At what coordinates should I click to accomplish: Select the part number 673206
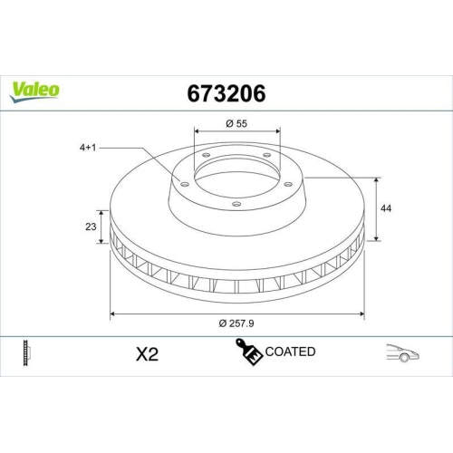tap(226, 93)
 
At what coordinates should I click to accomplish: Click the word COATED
tap(290, 352)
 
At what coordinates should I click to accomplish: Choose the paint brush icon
tap(247, 352)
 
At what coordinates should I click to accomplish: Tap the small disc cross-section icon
tap(26, 353)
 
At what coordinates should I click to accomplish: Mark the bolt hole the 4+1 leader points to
tap(186, 185)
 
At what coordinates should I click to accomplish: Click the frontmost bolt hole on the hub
tap(236, 206)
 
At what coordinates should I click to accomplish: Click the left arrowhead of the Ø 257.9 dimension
tap(112, 313)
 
